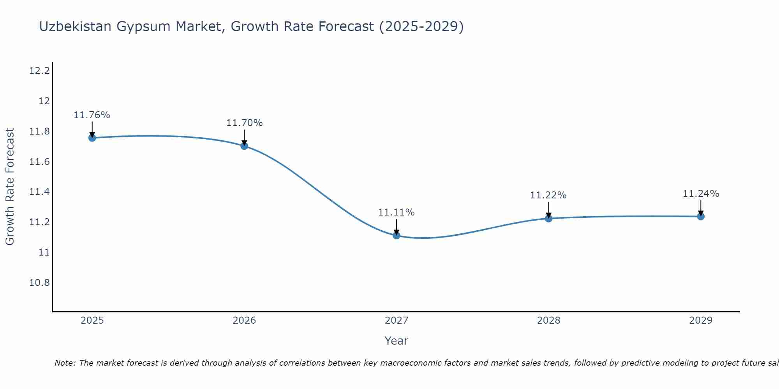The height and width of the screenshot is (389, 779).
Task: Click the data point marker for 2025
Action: pyautogui.click(x=92, y=138)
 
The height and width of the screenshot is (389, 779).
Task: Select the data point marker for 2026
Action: pyautogui.click(x=244, y=146)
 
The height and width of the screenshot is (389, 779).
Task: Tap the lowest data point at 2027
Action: pyautogui.click(x=397, y=235)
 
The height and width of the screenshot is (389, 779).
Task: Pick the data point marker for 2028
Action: pyautogui.click(x=548, y=218)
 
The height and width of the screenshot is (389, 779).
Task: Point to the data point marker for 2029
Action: pyautogui.click(x=701, y=216)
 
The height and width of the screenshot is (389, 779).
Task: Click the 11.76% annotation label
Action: pyautogui.click(x=92, y=115)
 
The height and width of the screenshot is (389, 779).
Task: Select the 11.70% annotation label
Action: pyautogui.click(x=244, y=123)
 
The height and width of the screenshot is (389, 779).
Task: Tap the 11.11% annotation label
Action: pyautogui.click(x=397, y=212)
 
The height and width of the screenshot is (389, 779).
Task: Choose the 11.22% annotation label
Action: pyautogui.click(x=548, y=195)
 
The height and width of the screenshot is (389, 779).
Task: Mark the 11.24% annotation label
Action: pyautogui.click(x=701, y=194)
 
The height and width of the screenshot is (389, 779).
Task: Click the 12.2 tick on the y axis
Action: pyautogui.click(x=39, y=71)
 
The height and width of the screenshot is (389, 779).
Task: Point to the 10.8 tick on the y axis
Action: pyautogui.click(x=39, y=282)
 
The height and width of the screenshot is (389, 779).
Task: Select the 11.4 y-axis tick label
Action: pyautogui.click(x=39, y=192)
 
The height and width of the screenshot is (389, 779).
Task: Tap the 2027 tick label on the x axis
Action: pyautogui.click(x=397, y=321)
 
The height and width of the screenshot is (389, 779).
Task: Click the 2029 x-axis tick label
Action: pyautogui.click(x=701, y=321)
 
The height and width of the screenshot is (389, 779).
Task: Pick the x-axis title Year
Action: pyautogui.click(x=396, y=341)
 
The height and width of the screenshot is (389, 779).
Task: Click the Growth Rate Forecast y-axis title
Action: pyautogui.click(x=10, y=186)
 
